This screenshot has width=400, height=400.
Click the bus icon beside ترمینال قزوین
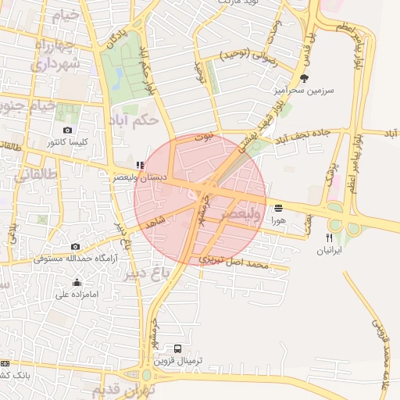(178, 349)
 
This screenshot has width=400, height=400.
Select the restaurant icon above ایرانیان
(329, 238)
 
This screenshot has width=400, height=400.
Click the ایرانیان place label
(329, 251)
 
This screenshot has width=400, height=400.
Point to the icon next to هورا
(279, 208)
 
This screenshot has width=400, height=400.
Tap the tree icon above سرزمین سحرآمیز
(304, 78)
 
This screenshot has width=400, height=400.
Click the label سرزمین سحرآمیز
(303, 91)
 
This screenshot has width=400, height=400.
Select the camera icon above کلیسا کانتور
(67, 130)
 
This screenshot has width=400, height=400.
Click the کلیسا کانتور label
(67, 142)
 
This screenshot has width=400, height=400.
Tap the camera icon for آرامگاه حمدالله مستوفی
(75, 246)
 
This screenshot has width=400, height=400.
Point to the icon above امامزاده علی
(77, 283)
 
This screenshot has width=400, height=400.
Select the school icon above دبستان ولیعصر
(139, 165)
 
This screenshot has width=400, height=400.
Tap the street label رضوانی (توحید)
(249, 55)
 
